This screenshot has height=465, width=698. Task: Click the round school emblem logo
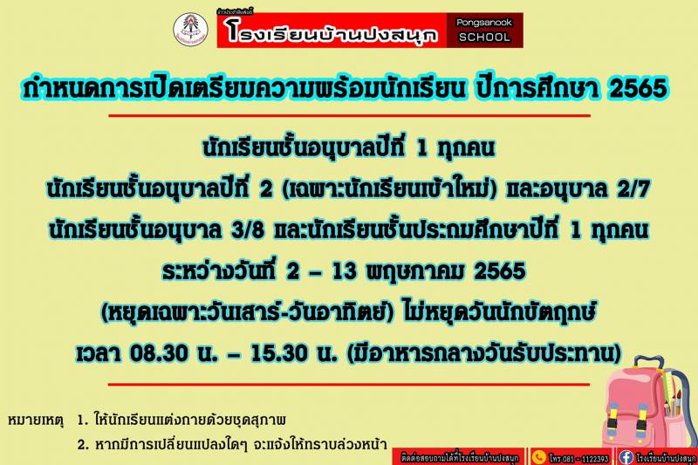pyautogui.click(x=190, y=29)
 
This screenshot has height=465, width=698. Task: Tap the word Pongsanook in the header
pyautogui.click(x=484, y=23)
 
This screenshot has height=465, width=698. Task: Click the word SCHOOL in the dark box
pyautogui.click(x=484, y=37)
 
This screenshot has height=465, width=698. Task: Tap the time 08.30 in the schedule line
pyautogui.click(x=159, y=353)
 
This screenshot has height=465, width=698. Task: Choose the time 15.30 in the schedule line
pyautogui.click(x=278, y=353)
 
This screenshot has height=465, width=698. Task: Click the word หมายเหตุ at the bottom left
pyautogui.click(x=36, y=420)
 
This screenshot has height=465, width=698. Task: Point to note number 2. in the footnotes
pyautogui.click(x=83, y=444)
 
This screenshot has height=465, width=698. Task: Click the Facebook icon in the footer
pyautogui.click(x=626, y=457)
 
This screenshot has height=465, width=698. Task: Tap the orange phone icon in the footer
pyautogui.click(x=538, y=457)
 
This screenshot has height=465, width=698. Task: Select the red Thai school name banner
pyautogui.click(x=332, y=31)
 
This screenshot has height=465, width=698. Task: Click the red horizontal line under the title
pyautogui.click(x=350, y=116)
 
